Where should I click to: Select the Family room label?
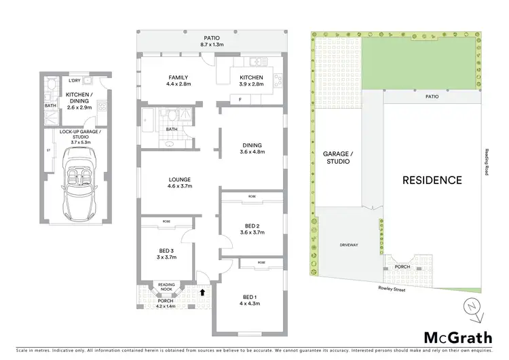pyautogui.click(x=178, y=81)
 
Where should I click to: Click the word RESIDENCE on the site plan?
pyautogui.click(x=432, y=181)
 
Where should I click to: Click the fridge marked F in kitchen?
pyautogui.click(x=239, y=100)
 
